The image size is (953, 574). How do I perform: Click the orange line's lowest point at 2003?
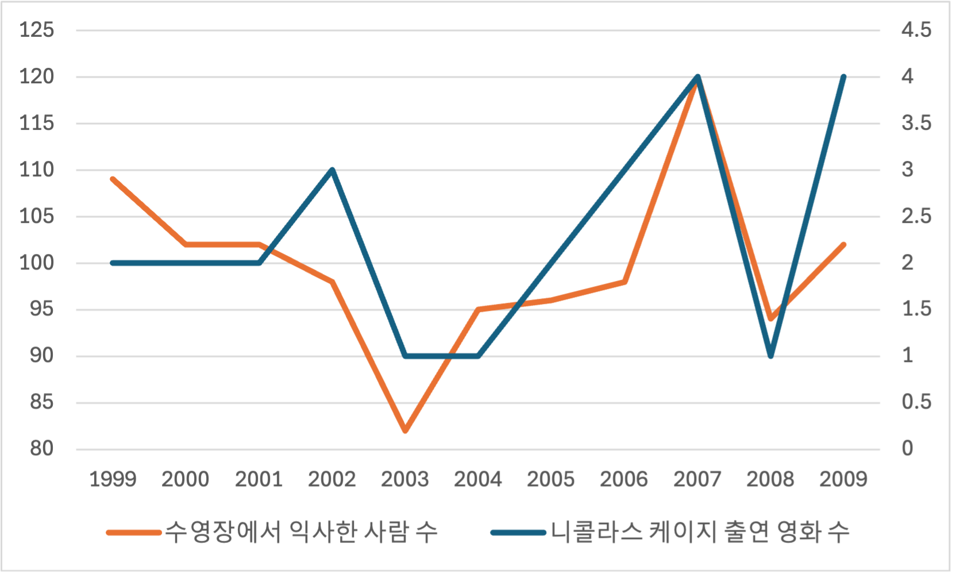point(405,430)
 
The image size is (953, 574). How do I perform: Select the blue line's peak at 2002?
point(332,170)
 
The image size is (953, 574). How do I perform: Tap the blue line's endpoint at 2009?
point(843,77)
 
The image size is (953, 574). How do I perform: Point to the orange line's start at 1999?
point(113,179)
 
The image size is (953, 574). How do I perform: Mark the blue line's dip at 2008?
point(770,356)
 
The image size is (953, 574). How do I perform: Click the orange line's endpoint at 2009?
point(843,245)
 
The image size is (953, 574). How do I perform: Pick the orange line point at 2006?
point(624,282)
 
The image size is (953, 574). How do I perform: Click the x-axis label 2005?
point(550,479)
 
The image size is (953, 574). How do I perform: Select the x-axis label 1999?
point(113,479)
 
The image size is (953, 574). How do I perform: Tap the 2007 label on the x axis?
point(697,479)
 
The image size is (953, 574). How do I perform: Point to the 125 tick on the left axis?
point(37,30)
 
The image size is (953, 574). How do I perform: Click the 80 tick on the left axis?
point(41,449)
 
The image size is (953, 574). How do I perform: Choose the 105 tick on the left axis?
point(37,217)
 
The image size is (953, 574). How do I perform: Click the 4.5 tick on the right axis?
point(916,30)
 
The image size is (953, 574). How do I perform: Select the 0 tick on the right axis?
point(907,449)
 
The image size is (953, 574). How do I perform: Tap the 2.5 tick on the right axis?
point(916,217)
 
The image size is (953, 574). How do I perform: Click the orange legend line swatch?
point(134,533)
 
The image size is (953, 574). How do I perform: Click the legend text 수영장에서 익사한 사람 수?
point(301,532)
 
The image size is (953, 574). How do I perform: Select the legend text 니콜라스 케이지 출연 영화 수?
point(700,532)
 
